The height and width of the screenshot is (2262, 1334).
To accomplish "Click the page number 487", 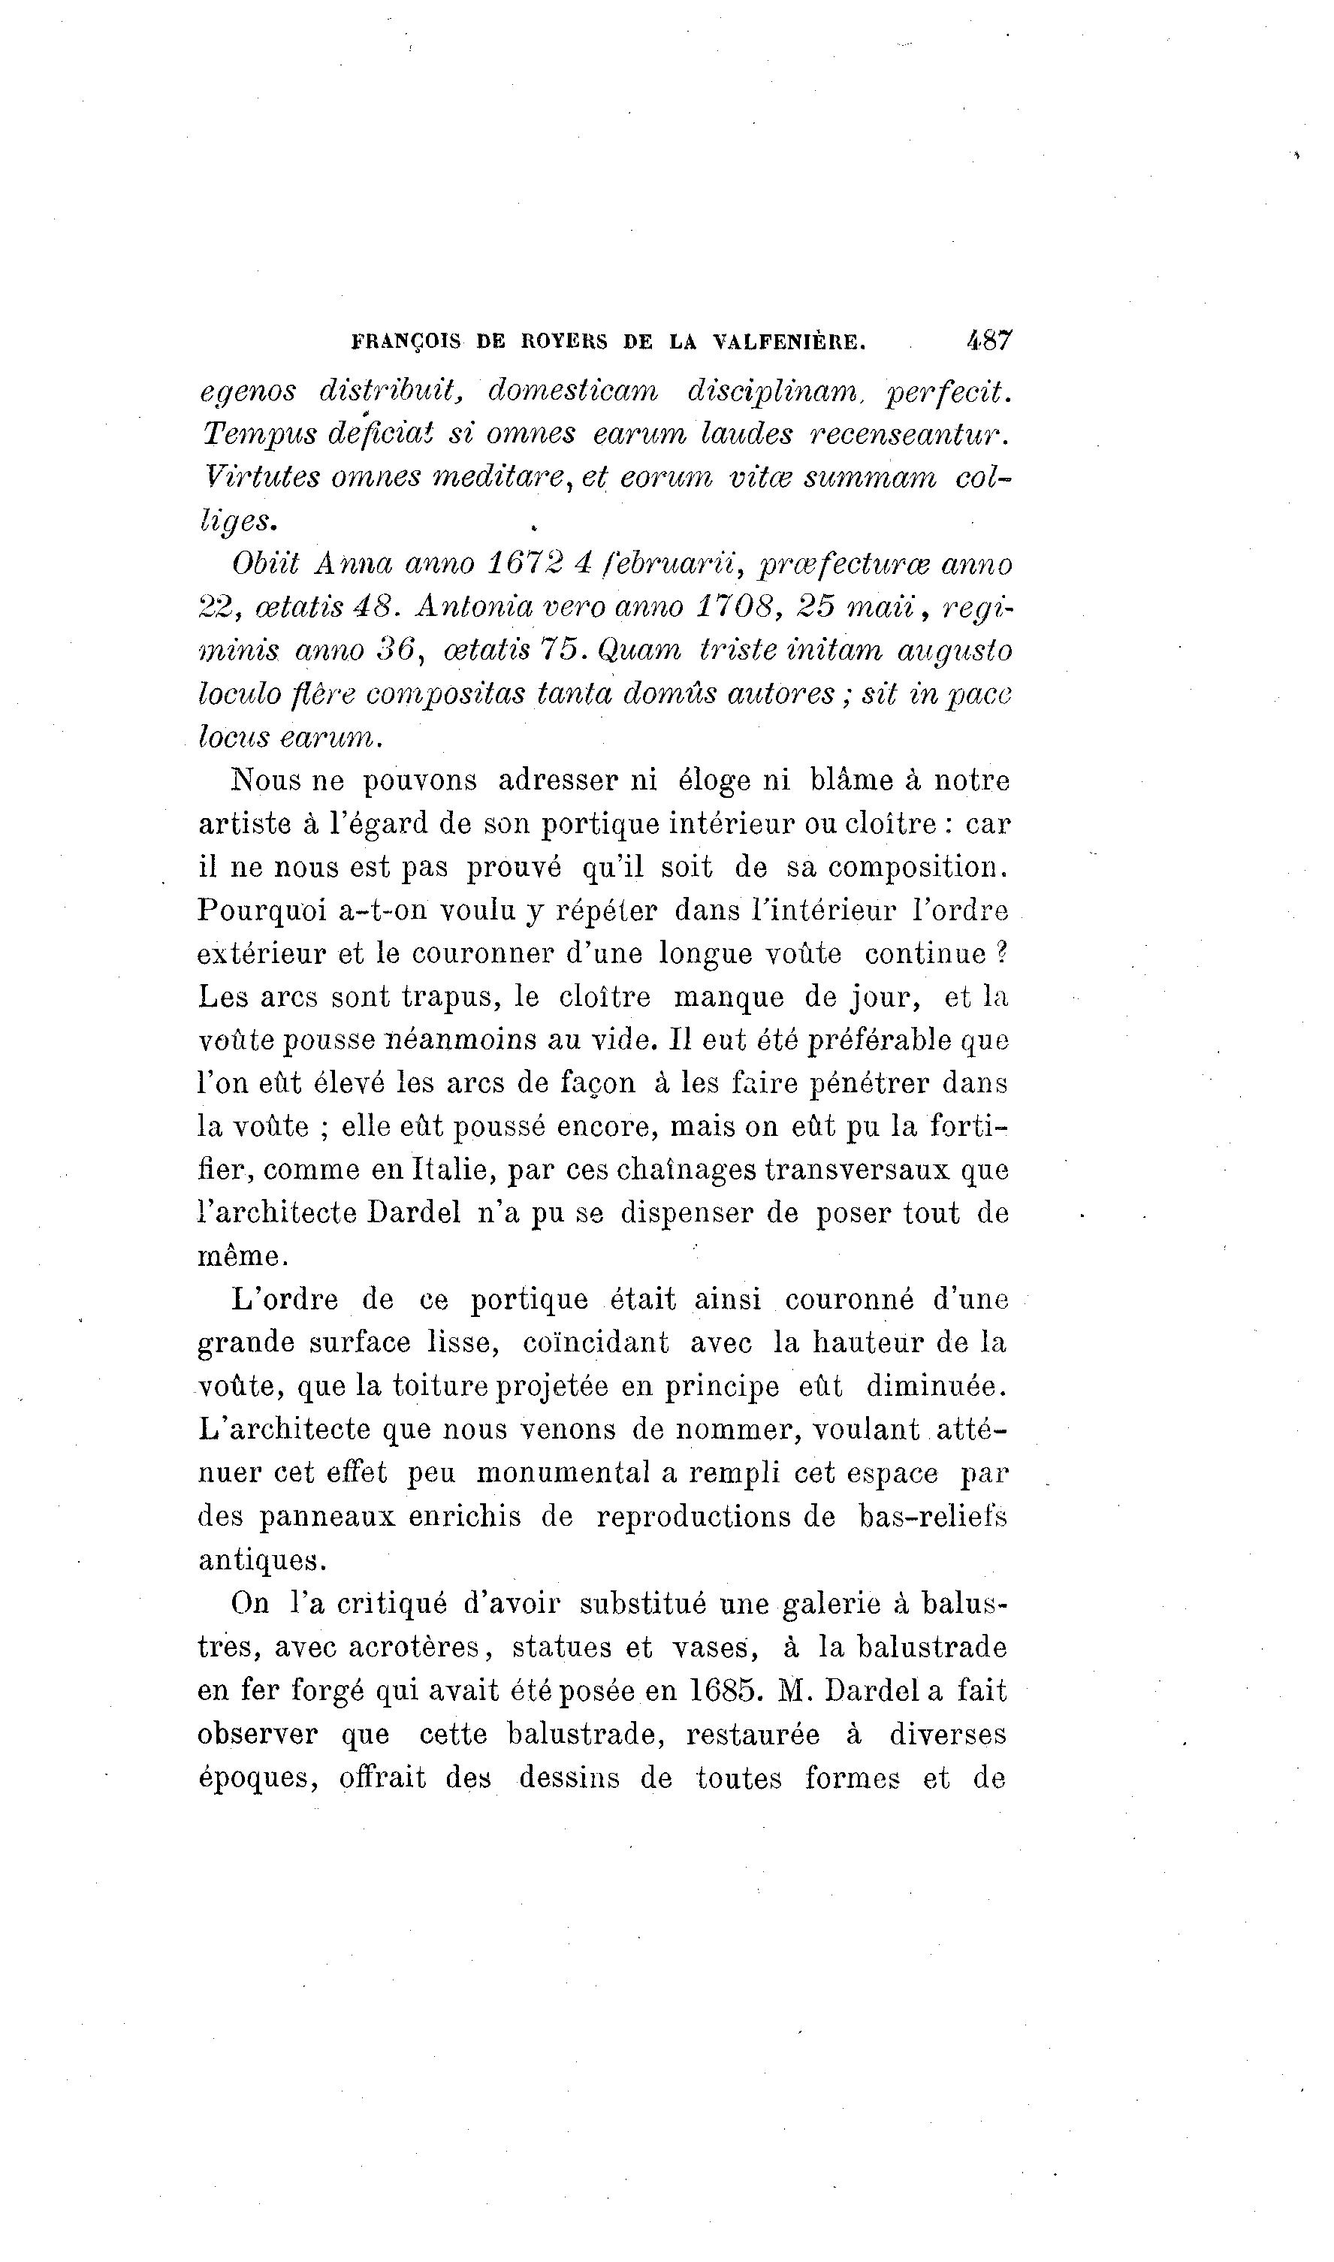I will pyautogui.click(x=988, y=341).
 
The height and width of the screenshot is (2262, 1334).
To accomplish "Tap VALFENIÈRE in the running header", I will pyautogui.click(x=789, y=343).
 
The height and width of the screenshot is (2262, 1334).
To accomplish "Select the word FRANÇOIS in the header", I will pyautogui.click(x=406, y=343).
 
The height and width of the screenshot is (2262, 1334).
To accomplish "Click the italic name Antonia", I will pyautogui.click(x=463, y=607).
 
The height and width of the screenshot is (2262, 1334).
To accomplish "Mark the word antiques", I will pyautogui.click(x=261, y=1561).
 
